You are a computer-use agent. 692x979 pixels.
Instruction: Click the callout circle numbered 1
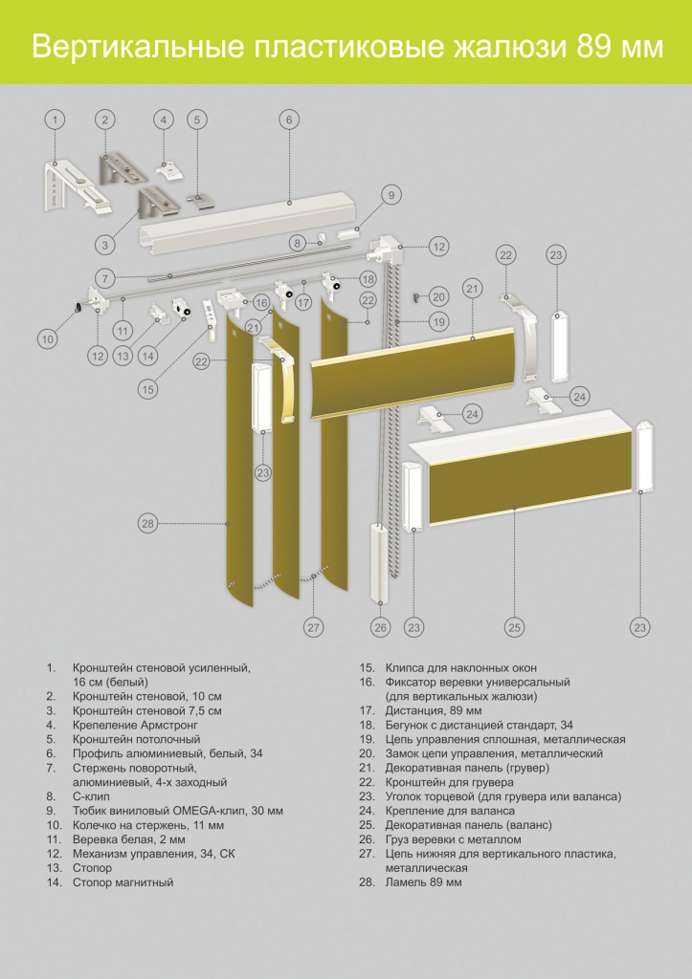56,120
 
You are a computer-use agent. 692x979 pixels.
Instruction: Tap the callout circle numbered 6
288,120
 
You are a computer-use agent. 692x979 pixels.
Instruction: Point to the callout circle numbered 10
48,337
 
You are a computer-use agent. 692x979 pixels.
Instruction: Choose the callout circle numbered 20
438,297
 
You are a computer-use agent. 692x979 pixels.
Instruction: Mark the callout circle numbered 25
515,627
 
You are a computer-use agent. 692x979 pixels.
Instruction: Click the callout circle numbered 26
381,627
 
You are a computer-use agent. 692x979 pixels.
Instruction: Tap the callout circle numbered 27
314,627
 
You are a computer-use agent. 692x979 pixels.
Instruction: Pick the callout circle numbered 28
147,523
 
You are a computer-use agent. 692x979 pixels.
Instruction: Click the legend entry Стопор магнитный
123,882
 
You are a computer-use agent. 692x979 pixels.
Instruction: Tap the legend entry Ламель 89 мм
423,882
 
